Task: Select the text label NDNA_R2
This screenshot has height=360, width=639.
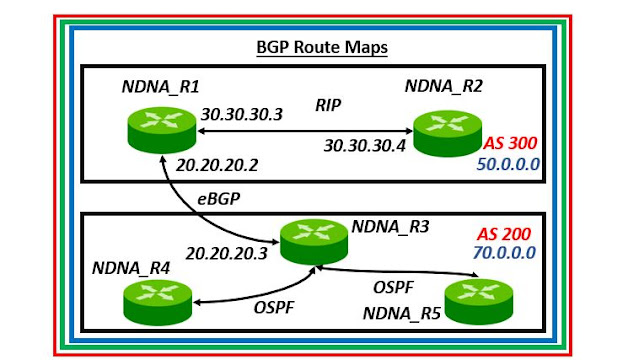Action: click(x=444, y=87)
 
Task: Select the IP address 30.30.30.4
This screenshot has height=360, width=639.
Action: click(x=364, y=146)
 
